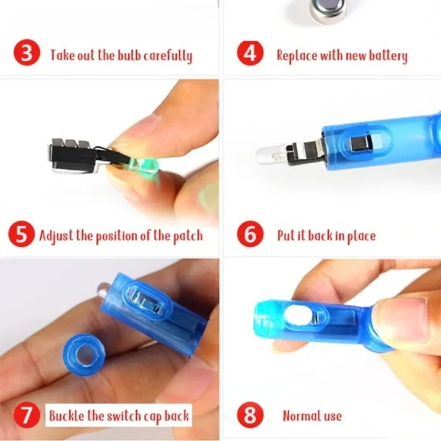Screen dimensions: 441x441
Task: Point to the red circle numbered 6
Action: click(251, 235)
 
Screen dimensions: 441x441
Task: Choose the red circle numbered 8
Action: click(251, 415)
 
